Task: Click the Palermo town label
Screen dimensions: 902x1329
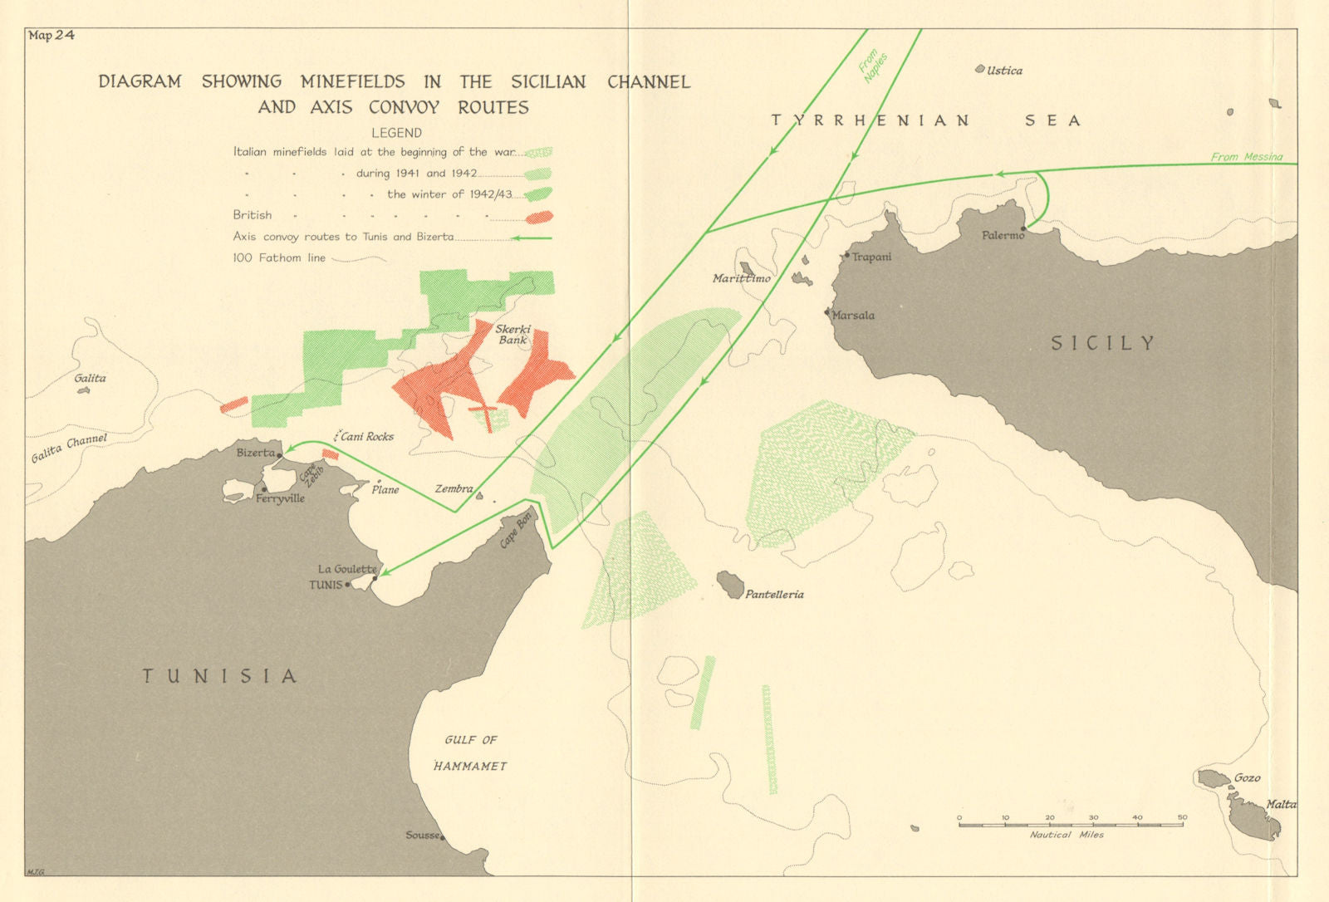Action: point(1003,235)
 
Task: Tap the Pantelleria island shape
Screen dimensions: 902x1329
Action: point(730,585)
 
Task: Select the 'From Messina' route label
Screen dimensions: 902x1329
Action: point(1246,156)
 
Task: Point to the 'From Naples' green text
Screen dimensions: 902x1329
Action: point(873,66)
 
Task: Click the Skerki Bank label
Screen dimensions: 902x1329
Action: point(513,334)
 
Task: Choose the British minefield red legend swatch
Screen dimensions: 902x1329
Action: point(538,217)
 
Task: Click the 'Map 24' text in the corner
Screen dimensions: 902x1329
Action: point(51,35)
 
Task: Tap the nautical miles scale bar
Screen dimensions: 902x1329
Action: point(1071,824)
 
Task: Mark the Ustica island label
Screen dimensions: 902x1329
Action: point(1004,71)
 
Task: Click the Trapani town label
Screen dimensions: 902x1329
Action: point(871,257)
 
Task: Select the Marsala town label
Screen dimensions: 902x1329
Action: point(853,315)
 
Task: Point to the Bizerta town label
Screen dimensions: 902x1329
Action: point(255,453)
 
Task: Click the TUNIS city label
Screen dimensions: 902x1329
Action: point(326,585)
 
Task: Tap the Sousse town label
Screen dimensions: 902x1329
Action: point(422,835)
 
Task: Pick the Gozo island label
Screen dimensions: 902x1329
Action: point(1247,777)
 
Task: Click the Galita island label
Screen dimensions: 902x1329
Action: point(90,378)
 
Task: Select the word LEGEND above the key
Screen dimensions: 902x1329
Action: point(396,133)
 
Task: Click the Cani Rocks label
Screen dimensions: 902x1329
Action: point(367,436)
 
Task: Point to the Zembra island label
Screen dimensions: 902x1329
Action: point(454,488)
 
